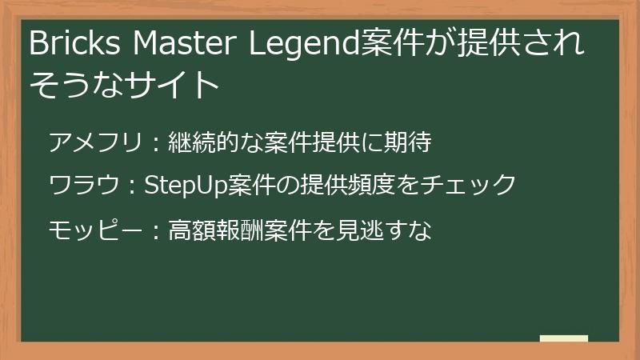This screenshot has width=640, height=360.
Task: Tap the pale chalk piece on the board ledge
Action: tap(563, 338)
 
